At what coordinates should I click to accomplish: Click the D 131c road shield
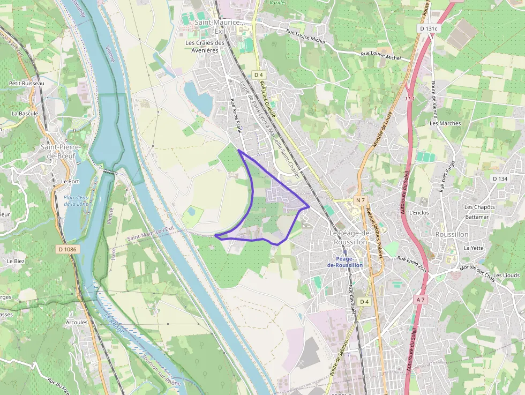(x=429, y=28)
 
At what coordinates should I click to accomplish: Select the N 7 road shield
(x=360, y=200)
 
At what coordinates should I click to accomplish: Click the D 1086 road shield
(x=66, y=249)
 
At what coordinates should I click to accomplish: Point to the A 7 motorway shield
(x=420, y=299)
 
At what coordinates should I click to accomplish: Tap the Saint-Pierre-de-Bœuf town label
(x=61, y=151)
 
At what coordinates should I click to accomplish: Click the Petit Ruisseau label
(x=27, y=84)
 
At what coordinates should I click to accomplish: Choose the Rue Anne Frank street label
(x=236, y=116)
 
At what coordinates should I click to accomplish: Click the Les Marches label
(x=445, y=123)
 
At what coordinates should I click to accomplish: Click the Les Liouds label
(x=506, y=275)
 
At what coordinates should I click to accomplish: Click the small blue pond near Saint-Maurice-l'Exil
(x=197, y=96)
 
